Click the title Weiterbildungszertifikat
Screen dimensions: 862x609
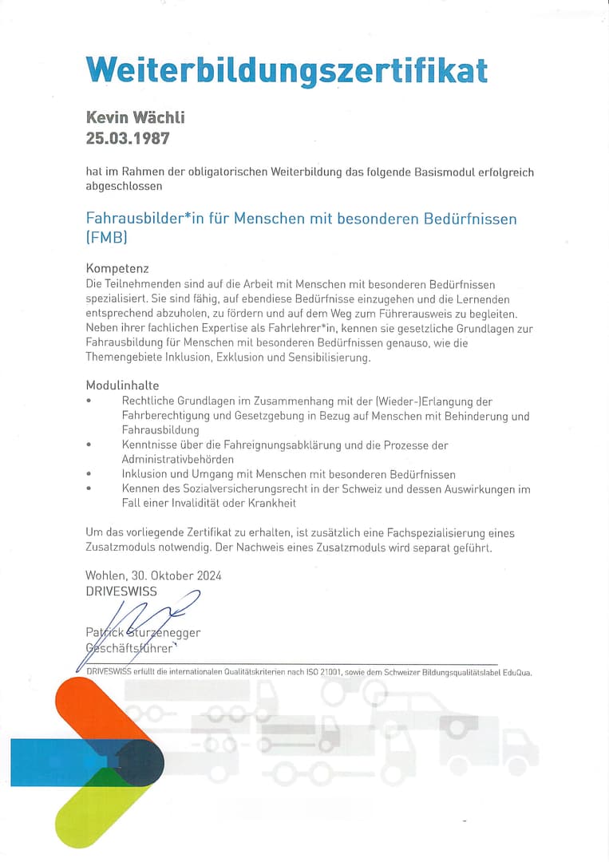287,69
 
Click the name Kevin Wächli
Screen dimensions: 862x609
135,117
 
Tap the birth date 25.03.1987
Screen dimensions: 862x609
128,138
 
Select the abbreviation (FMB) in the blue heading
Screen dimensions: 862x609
106,237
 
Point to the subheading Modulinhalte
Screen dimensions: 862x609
121,386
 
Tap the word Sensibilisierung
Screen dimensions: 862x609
326,358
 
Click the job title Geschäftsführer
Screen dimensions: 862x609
129,647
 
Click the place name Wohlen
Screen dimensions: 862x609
104,575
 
